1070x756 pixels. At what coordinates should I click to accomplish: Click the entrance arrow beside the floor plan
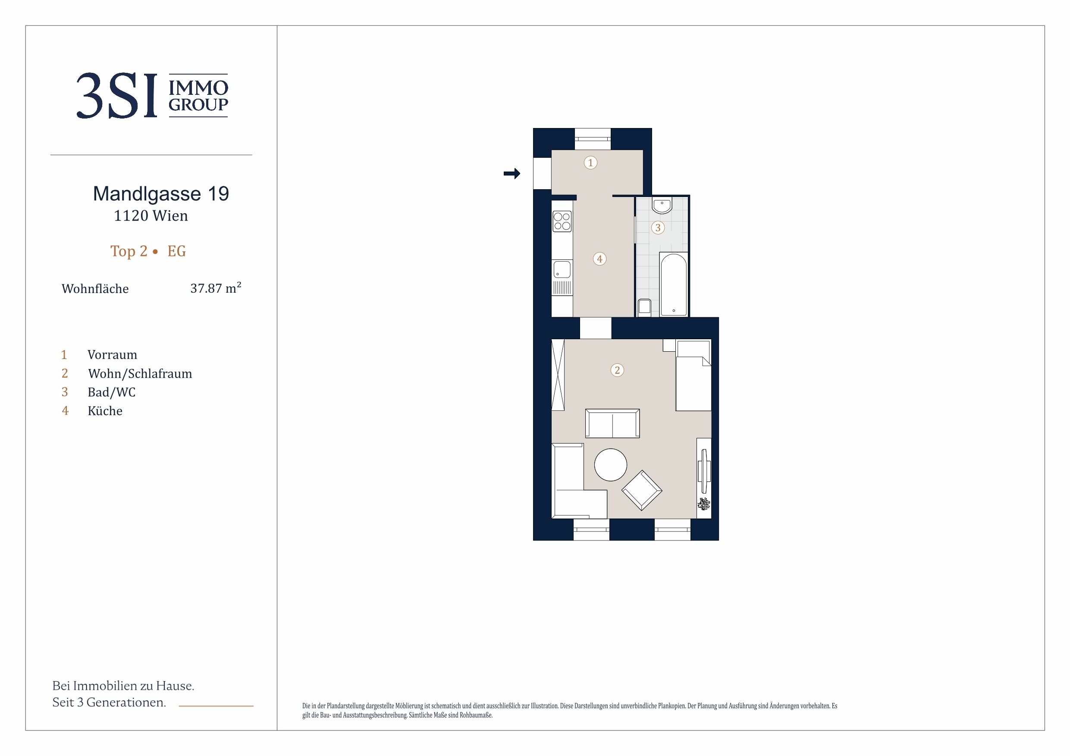[511, 174]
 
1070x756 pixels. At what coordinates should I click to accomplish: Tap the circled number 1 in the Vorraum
[590, 162]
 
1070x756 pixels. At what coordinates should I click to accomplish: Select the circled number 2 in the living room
[618, 370]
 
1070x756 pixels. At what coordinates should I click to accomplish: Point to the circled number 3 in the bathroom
[658, 228]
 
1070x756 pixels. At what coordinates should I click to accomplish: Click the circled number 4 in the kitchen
[600, 259]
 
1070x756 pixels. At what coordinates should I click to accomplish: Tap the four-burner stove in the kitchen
[562, 221]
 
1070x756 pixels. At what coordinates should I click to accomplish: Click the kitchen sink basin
[562, 270]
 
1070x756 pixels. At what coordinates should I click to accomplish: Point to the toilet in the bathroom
[644, 307]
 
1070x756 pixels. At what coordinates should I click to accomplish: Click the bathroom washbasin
[662, 206]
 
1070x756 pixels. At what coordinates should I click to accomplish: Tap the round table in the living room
[611, 464]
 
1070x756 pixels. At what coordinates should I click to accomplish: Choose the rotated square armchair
[642, 490]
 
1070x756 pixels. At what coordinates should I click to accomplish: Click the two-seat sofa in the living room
[612, 423]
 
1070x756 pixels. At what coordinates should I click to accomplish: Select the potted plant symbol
[704, 504]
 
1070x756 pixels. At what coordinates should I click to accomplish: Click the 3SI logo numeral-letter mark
[117, 96]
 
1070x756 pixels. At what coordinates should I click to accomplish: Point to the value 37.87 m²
[216, 288]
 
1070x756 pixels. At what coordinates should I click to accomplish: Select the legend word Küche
[105, 411]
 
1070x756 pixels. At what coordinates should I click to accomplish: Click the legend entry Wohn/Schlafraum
[140, 374]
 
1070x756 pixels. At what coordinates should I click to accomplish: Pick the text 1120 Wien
[151, 216]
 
